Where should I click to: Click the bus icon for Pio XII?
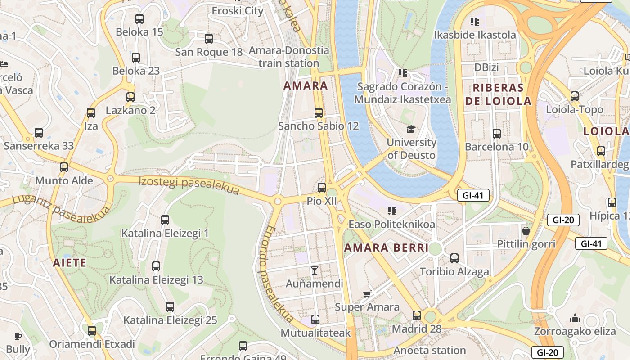coord(321,188)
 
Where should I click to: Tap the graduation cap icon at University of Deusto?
coord(411,130)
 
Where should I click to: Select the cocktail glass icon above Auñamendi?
coord(315,270)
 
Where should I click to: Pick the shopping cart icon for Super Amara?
coord(367,294)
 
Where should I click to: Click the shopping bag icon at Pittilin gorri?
coord(526,231)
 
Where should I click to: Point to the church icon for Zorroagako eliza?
coord(575,319)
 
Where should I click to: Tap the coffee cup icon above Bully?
coord(18,336)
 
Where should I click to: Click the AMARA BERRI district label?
coord(386,247)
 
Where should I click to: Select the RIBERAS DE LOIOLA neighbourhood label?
coord(498,94)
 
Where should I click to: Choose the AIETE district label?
coord(69,263)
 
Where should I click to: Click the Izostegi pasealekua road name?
coord(189,185)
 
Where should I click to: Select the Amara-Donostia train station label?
coord(289,57)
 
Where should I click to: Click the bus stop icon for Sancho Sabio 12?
coord(319,112)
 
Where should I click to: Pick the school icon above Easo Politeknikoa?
coord(391,211)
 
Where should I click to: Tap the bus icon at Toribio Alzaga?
coord(454,258)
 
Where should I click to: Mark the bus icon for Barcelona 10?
coord(497,134)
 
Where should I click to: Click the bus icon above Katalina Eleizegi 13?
coord(156,266)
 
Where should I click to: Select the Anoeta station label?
coord(429,350)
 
